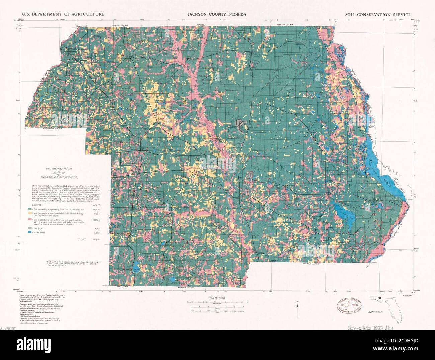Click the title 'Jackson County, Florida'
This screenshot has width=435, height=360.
(216, 15)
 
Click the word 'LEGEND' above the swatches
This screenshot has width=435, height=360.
(36, 204)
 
